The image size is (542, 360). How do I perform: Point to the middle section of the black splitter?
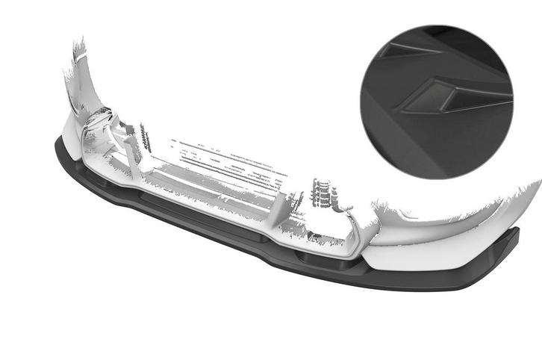(209, 224)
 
